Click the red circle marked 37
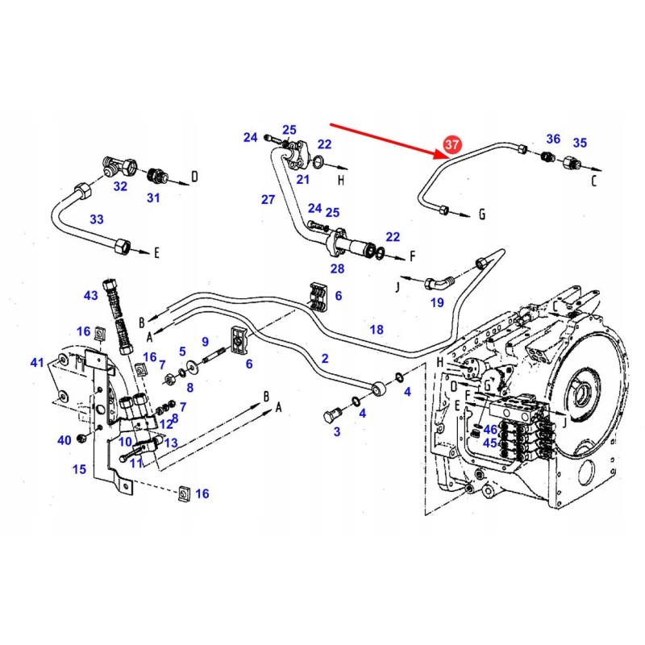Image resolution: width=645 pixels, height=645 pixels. pyautogui.click(x=451, y=145)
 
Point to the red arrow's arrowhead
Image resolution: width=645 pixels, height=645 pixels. pyautogui.click(x=435, y=152)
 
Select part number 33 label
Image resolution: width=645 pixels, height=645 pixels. pyautogui.click(x=96, y=219)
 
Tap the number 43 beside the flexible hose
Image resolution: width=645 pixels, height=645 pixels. pyautogui.click(x=90, y=296)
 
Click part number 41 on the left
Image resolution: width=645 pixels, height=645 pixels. pyautogui.click(x=37, y=363)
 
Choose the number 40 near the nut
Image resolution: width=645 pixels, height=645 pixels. pyautogui.click(x=64, y=440)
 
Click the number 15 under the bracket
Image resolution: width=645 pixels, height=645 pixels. pyautogui.click(x=79, y=469)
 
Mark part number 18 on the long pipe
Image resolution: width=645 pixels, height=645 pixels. pyautogui.click(x=377, y=330)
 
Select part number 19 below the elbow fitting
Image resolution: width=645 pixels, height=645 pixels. pyautogui.click(x=437, y=303)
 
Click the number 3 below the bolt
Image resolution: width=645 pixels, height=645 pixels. pyautogui.click(x=337, y=432)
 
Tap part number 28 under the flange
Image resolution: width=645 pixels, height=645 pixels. pyautogui.click(x=337, y=268)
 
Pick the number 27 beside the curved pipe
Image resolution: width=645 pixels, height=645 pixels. pyautogui.click(x=268, y=199)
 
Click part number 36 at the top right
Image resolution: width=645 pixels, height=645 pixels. pyautogui.click(x=553, y=139)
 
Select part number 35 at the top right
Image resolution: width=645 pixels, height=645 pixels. pyautogui.click(x=580, y=143)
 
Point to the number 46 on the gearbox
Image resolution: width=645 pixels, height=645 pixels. pyautogui.click(x=490, y=430)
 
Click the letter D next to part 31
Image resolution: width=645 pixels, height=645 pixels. pyautogui.click(x=193, y=175)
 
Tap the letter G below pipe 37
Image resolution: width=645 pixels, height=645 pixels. pyautogui.click(x=481, y=214)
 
